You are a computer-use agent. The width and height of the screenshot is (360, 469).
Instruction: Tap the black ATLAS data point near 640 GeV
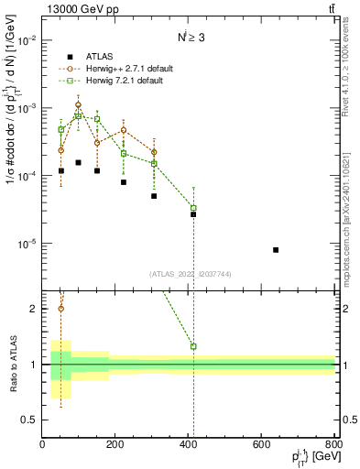[x=276, y=250]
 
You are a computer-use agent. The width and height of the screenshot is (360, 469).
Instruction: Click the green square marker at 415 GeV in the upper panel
[x=193, y=208]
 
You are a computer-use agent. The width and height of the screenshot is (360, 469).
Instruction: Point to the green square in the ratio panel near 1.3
[x=193, y=346]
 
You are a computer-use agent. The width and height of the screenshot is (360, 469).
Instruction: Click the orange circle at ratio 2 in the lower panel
[x=61, y=308]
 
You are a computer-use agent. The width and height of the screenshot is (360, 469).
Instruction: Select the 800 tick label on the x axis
[x=333, y=445]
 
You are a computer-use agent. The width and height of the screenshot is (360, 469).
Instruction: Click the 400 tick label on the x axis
[x=189, y=445]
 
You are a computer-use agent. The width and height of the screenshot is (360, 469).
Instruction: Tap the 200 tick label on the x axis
[x=115, y=445]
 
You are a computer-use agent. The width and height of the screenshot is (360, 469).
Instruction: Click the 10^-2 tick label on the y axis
[x=26, y=40]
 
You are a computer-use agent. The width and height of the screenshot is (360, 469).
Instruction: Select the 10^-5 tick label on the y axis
[x=26, y=244]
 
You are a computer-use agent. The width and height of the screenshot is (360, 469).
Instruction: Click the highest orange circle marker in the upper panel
[x=79, y=104]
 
